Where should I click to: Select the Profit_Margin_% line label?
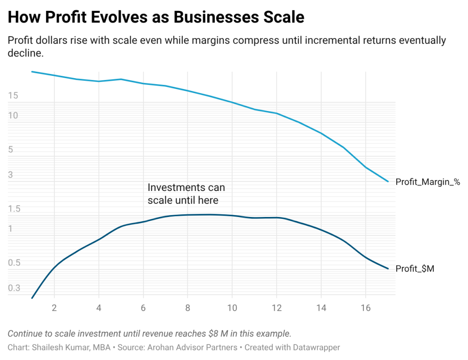coord(427,182)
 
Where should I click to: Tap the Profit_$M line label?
coord(415,269)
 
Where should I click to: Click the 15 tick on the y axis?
coord(13,96)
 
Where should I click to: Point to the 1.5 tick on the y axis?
coord(14,209)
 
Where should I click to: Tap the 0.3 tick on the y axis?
coord(14,288)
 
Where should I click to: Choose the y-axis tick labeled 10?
coord(13,116)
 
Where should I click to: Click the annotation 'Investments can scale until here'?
coord(186,194)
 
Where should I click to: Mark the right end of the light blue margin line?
coord(388,182)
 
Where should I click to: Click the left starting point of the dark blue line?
coord(32,298)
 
